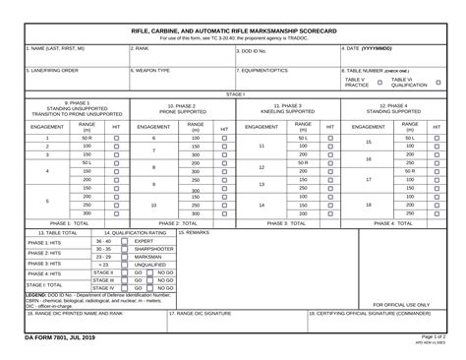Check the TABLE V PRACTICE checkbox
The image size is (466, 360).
coord(379,83)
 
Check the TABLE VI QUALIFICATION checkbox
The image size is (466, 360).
coord(437,83)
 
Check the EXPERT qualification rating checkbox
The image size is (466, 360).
coord(123,241)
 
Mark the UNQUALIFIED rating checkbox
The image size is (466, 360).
coord(123,264)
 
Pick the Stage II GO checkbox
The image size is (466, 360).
coord(123,272)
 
